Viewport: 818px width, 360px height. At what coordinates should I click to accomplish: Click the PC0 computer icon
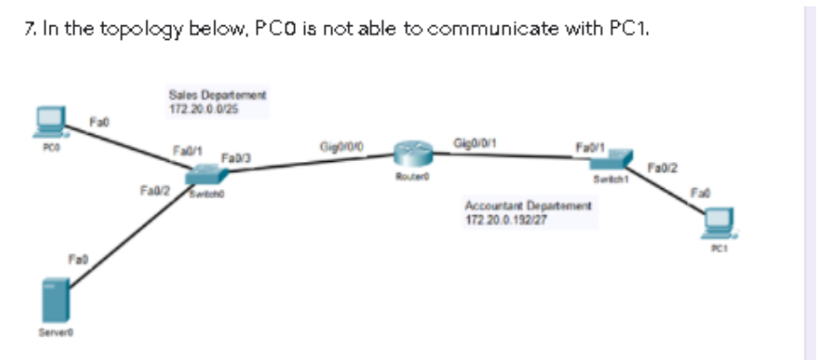pos(49,120)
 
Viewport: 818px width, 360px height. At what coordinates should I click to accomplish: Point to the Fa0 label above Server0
pos(78,260)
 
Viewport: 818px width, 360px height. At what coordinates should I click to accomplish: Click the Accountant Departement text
pos(528,208)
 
